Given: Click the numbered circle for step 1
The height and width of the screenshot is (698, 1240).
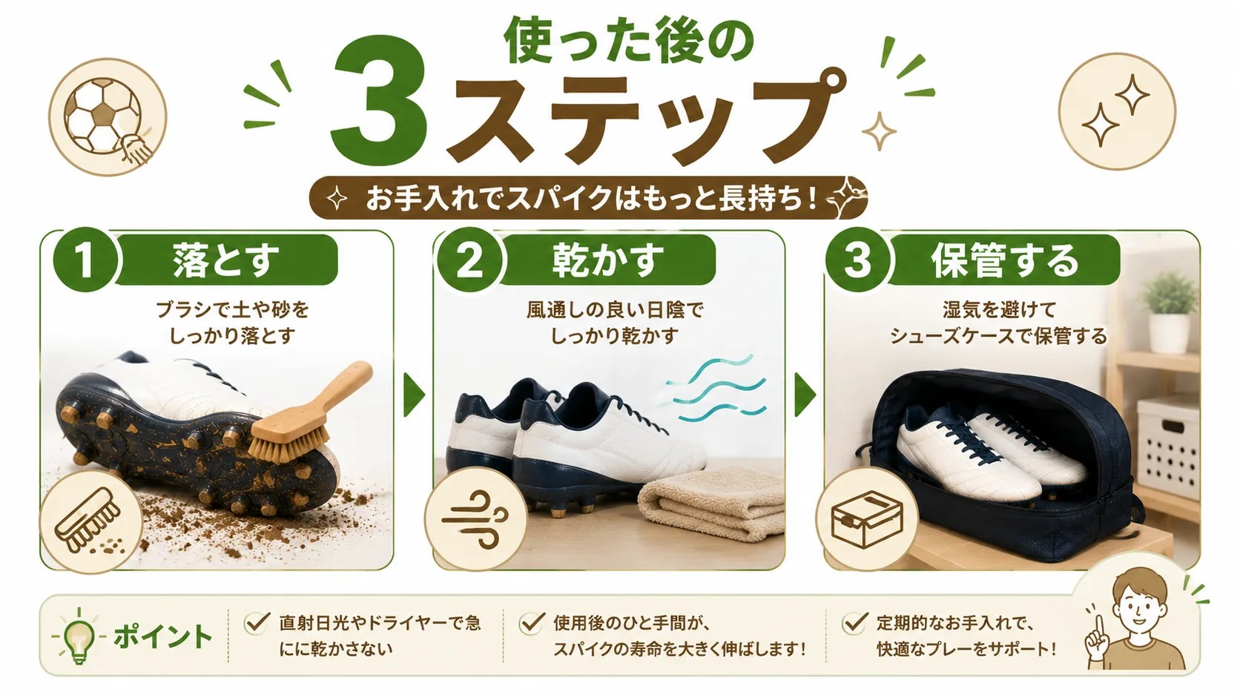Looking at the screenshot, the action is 85,260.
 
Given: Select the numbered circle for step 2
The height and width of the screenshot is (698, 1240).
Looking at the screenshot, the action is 469,260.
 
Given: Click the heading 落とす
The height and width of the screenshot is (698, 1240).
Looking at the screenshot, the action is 225,260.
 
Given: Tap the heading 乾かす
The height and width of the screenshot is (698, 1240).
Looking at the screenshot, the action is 608,260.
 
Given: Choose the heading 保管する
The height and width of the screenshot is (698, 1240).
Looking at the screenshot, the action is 1006,260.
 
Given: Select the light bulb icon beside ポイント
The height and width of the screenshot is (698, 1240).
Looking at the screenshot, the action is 79,636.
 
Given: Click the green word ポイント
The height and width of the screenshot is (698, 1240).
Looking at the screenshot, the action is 162,636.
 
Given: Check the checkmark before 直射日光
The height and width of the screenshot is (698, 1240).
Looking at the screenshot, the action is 257,622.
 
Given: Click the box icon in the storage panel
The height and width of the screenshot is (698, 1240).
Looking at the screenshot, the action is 867,520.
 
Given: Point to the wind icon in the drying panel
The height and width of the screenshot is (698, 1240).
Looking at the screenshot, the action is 475,519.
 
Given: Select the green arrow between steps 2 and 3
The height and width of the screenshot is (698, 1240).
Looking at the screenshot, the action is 805,395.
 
